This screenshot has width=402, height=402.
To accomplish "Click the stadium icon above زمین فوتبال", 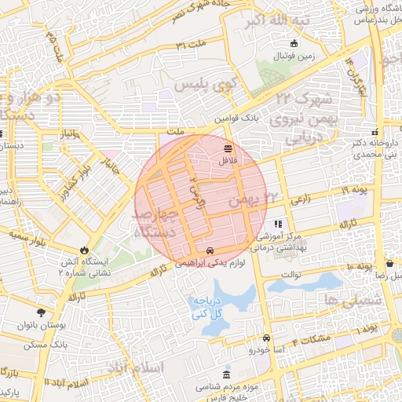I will tap(294, 43).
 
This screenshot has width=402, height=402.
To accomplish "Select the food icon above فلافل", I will tap(228, 148).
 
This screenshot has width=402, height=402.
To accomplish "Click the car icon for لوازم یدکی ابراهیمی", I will tap(209, 250).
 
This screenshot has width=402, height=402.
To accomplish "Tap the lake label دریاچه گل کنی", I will tap(209, 308).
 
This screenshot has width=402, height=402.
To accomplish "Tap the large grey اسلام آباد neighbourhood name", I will tap(137, 367).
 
